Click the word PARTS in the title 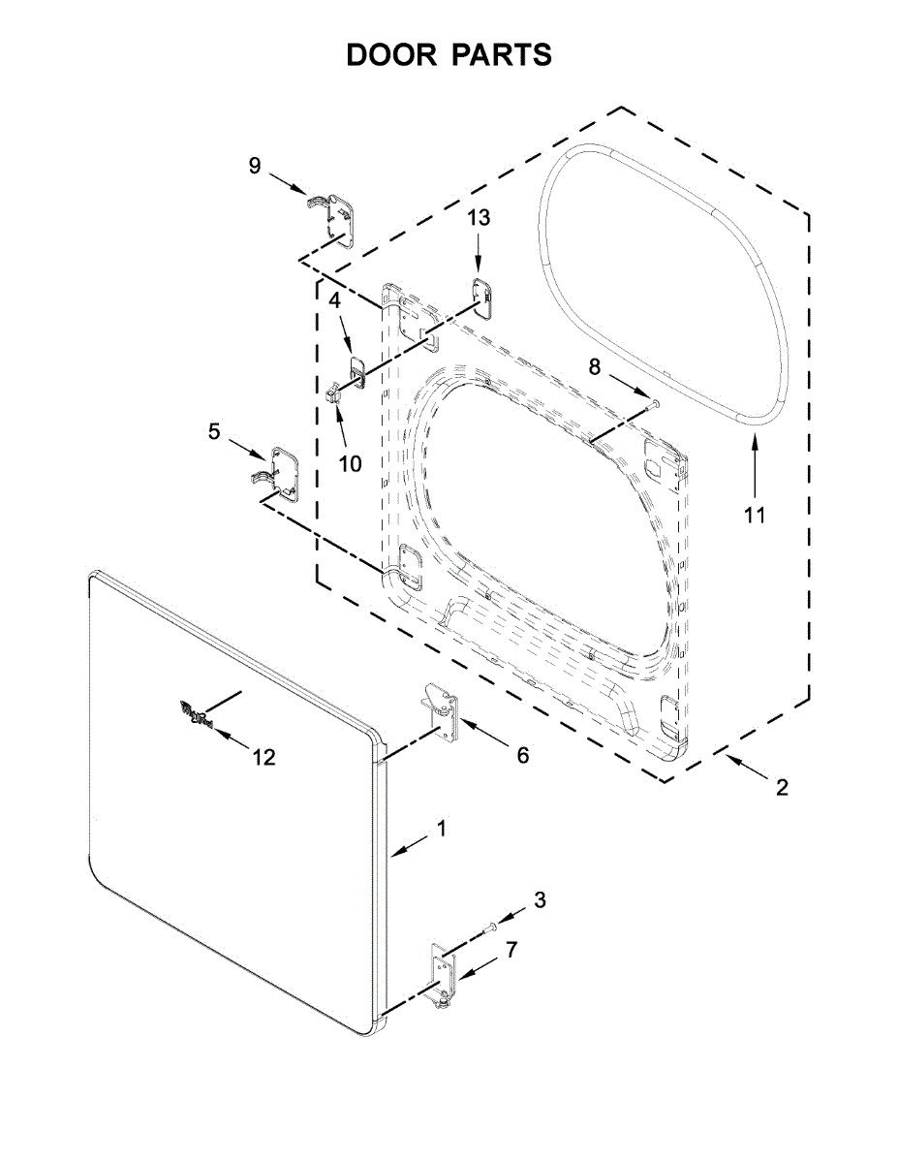[x=501, y=55]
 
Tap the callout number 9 [x=255, y=166]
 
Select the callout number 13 [x=480, y=218]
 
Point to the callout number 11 [x=755, y=515]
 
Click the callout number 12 [x=264, y=757]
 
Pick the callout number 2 [x=782, y=788]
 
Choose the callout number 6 [x=522, y=755]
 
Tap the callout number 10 [x=350, y=463]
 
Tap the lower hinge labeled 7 [x=444, y=973]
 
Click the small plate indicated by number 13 [x=482, y=292]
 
